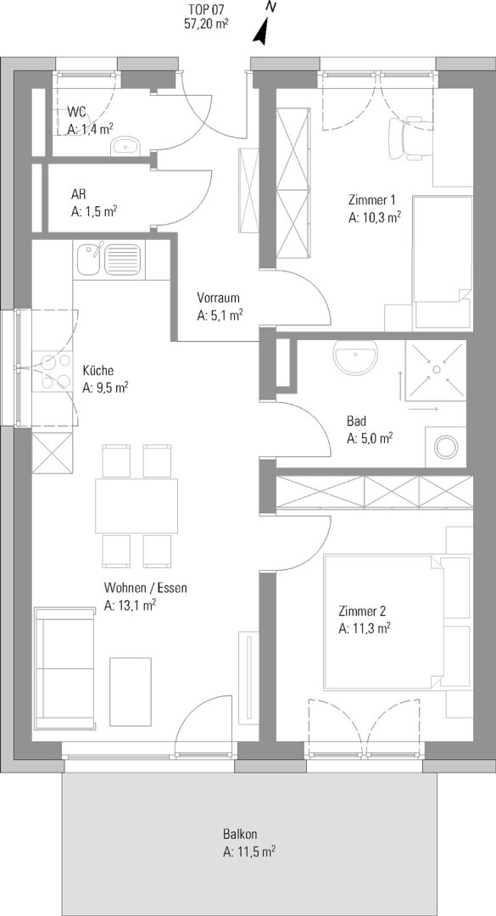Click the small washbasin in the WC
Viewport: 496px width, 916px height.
pos(125,146)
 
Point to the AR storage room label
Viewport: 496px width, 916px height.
pos(77,194)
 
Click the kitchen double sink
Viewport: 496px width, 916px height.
pos(109,258)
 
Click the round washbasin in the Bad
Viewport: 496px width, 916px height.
pos(356,357)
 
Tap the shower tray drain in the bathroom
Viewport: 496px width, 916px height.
pos(436,369)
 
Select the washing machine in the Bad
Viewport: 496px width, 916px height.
pos(446,447)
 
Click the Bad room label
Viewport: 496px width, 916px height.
pos(355,421)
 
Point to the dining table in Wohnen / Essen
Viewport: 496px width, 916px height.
pos(137,505)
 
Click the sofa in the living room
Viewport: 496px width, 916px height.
pos(64,668)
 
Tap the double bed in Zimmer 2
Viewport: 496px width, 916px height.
pos(398,623)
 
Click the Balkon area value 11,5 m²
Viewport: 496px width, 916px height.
pos(249,852)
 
